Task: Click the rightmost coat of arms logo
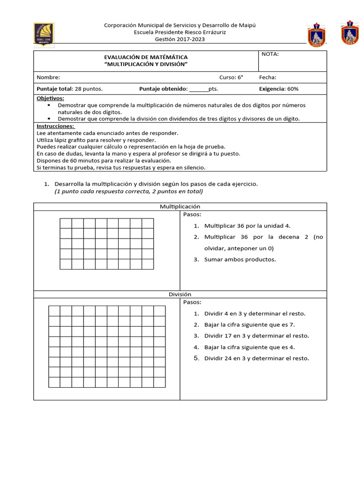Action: tap(350, 33)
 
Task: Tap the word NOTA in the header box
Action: tap(270, 54)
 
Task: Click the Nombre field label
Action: tap(48, 77)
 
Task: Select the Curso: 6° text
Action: tap(231, 77)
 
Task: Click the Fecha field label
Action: tap(268, 77)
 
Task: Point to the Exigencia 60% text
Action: tap(278, 89)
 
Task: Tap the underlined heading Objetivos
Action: tap(50, 98)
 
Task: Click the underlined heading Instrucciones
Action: tap(55, 126)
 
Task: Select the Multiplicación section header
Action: tap(180, 206)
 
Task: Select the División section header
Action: tap(180, 294)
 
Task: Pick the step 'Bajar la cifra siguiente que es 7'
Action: tap(249, 324)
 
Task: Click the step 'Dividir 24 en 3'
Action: tap(256, 358)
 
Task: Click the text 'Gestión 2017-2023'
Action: tap(180, 39)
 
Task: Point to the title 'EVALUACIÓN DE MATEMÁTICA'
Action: tap(146, 57)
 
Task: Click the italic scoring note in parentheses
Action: tap(129, 191)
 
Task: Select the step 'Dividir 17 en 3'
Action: tap(256, 336)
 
